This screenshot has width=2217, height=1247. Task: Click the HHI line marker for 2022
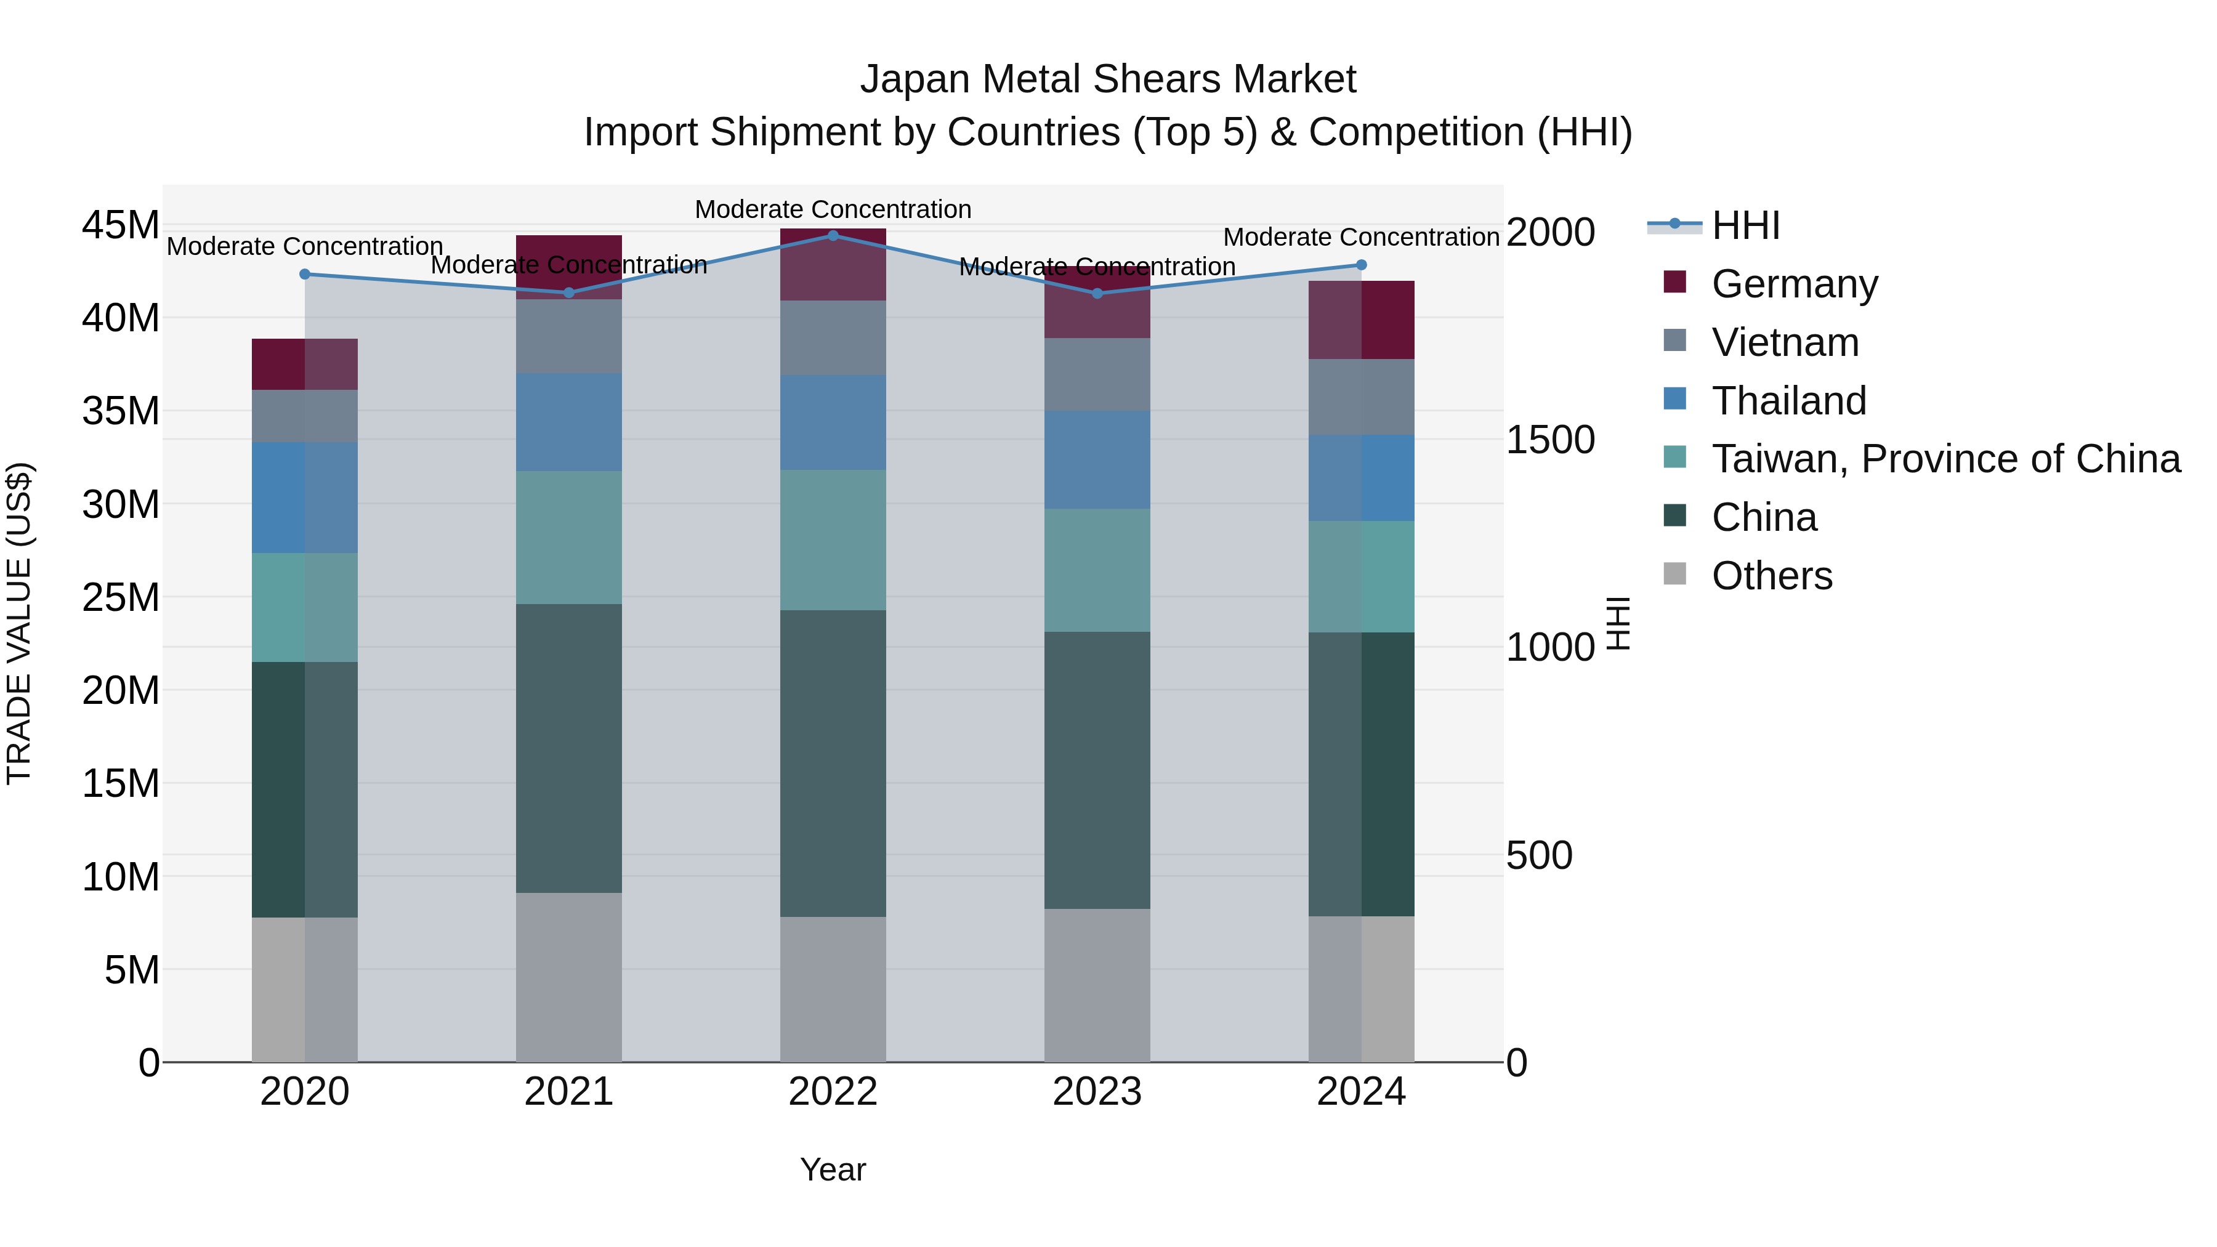coord(832,235)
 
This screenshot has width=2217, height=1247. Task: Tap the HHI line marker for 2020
coord(305,273)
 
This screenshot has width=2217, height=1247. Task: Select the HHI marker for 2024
coord(1360,265)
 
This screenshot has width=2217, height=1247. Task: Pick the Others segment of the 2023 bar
coord(1096,985)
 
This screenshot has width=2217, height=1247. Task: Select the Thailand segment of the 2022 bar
coord(832,422)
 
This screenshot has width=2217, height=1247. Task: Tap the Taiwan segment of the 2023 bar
coord(1096,570)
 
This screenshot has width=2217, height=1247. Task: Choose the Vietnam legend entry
coord(1784,342)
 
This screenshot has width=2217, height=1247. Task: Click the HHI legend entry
coord(1745,225)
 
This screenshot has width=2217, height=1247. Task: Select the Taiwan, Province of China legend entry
coord(1945,459)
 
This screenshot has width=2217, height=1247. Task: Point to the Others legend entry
coord(1771,575)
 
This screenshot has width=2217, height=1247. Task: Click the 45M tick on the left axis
coord(121,225)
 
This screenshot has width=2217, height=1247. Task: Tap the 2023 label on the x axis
coord(1096,1092)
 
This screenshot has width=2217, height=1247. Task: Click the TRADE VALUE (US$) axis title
coord(19,623)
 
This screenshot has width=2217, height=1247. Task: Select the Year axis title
coord(832,1169)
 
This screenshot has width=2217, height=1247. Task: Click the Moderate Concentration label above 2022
coord(832,209)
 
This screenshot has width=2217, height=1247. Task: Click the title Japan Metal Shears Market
coord(1108,79)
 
